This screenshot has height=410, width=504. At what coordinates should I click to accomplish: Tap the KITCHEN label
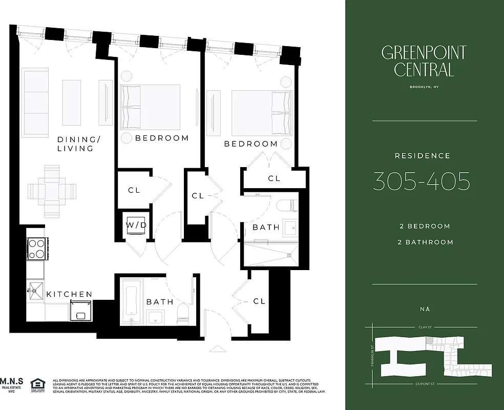(x=69, y=294)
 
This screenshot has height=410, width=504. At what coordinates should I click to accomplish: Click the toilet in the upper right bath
(x=285, y=206)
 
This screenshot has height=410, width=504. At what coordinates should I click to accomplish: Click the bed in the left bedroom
(x=151, y=107)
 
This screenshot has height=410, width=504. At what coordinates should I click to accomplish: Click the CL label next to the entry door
(x=259, y=301)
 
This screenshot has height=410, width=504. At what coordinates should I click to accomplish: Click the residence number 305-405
(x=422, y=181)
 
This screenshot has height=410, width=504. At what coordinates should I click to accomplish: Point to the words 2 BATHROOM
(x=426, y=242)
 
